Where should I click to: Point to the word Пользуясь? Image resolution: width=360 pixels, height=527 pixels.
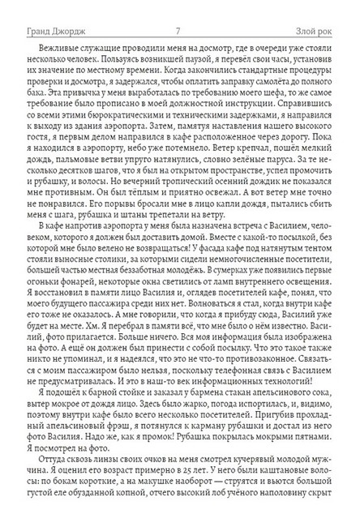98,47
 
